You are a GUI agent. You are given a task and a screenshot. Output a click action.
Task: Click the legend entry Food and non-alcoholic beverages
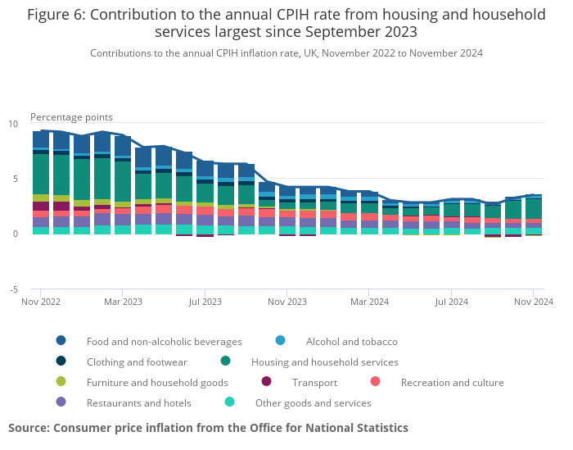pyautogui.click(x=164, y=341)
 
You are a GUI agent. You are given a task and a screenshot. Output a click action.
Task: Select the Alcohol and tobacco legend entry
pyautogui.click(x=351, y=341)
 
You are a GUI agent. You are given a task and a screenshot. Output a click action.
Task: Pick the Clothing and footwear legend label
pyautogui.click(x=137, y=361)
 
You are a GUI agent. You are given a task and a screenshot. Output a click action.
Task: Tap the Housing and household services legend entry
pyautogui.click(x=324, y=361)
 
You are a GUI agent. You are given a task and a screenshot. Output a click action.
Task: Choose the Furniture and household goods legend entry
pyautogui.click(x=157, y=382)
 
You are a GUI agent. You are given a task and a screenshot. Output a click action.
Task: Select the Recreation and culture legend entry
pyautogui.click(x=452, y=382)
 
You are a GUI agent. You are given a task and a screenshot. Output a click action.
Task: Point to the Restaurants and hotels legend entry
pyautogui.click(x=138, y=402)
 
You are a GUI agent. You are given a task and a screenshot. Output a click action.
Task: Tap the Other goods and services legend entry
pyautogui.click(x=313, y=402)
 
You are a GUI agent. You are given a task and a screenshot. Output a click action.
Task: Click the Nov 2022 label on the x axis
pyautogui.click(x=41, y=302)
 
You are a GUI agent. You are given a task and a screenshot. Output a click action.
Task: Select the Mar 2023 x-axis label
pyautogui.click(x=123, y=302)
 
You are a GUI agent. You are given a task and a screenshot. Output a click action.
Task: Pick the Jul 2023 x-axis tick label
pyautogui.click(x=205, y=302)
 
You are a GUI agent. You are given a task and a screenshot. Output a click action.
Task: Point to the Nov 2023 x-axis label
pyautogui.click(x=287, y=302)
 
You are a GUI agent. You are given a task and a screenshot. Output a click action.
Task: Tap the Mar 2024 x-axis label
pyautogui.click(x=370, y=302)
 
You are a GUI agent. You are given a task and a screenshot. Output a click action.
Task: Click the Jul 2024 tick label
pyautogui.click(x=452, y=302)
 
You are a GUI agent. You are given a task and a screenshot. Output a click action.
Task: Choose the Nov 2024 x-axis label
pyautogui.click(x=534, y=302)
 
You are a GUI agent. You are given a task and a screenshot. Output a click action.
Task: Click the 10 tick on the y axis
pyautogui.click(x=13, y=124)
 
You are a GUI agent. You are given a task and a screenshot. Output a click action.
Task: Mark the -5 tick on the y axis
pyautogui.click(x=13, y=289)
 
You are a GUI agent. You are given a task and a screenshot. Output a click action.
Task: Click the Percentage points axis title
pyautogui.click(x=71, y=117)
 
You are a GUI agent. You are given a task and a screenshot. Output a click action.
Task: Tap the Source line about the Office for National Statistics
pyautogui.click(x=208, y=428)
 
